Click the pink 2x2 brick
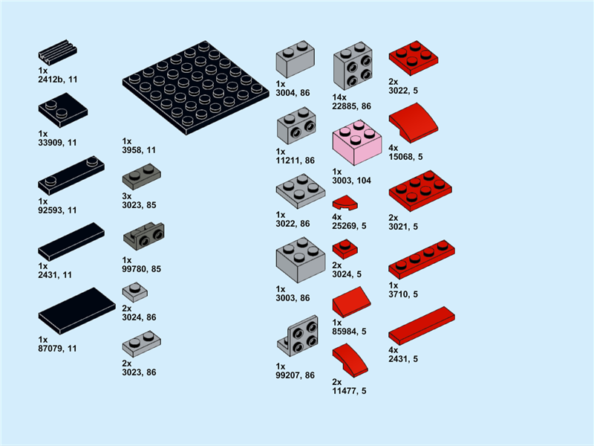pyautogui.click(x=357, y=143)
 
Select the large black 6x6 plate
pyautogui.click(x=195, y=88)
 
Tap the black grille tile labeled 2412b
pyautogui.click(x=57, y=52)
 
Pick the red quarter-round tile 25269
pyautogui.click(x=345, y=203)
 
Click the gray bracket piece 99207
pyautogui.click(x=298, y=336)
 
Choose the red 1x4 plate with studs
pyautogui.click(x=422, y=259)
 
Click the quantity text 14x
pyautogui.click(x=339, y=97)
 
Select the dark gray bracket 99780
pyautogui.click(x=144, y=234)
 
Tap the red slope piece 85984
pyautogui.click(x=351, y=302)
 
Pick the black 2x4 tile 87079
pyautogui.click(x=77, y=311)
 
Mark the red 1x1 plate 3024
pyautogui.click(x=345, y=249)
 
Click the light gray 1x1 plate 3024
pyautogui.click(x=135, y=292)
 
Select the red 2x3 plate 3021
pyautogui.click(x=420, y=191)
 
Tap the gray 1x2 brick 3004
pyautogui.click(x=295, y=59)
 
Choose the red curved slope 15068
pyautogui.click(x=414, y=123)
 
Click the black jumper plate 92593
pyautogui.click(x=71, y=175)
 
